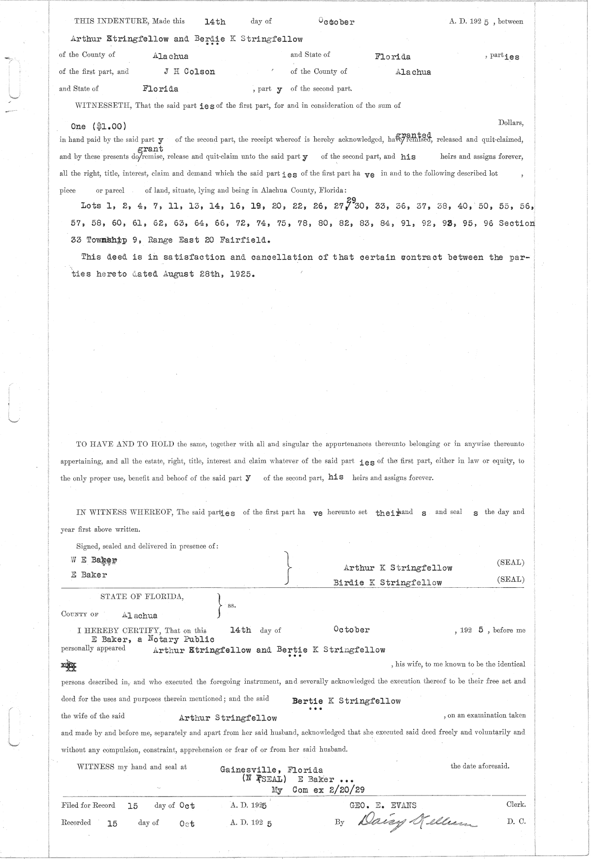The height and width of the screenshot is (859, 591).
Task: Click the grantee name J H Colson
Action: tap(190, 72)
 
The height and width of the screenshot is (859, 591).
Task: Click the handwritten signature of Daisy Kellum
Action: tap(417, 822)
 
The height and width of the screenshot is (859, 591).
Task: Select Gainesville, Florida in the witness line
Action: tap(271, 770)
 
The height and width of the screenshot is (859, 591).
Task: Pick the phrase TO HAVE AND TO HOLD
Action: tap(125, 444)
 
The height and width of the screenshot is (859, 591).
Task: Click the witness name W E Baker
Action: tap(94, 560)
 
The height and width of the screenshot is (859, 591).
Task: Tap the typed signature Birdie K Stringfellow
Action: tap(387, 583)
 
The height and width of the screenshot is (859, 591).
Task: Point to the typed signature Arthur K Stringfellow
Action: tap(397, 568)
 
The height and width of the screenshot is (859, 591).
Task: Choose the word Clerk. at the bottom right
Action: tap(516, 804)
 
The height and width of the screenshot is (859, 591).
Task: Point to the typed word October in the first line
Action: tap(336, 22)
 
